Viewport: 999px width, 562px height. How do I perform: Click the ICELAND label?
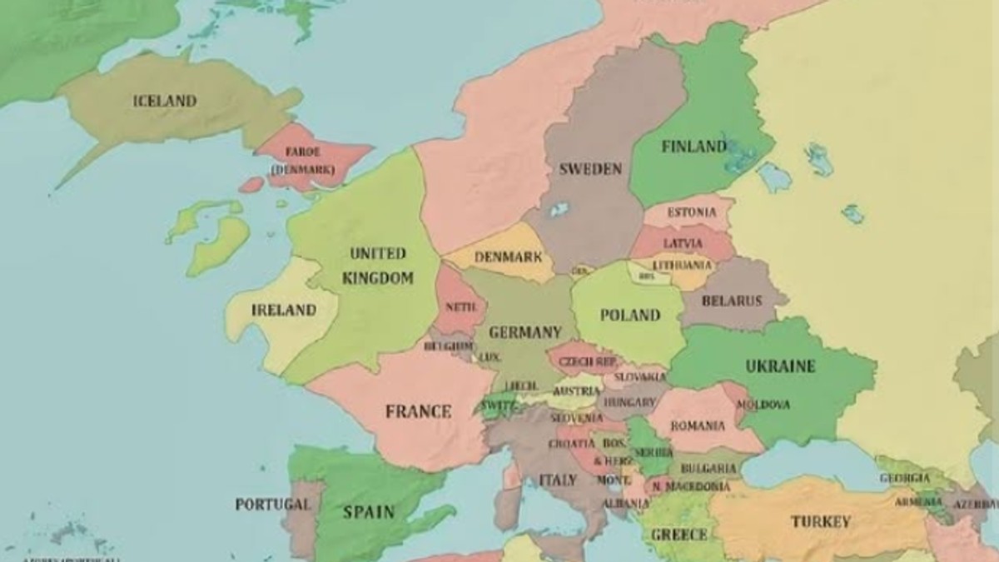pyautogui.click(x=165, y=101)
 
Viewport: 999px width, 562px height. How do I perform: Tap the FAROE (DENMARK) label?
pyautogui.click(x=302, y=161)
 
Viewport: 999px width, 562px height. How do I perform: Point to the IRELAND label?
pyautogui.click(x=284, y=310)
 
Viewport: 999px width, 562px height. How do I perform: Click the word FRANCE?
pyautogui.click(x=418, y=410)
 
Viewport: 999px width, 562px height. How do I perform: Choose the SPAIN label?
pyautogui.click(x=369, y=511)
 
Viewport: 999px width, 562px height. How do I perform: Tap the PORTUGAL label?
pyautogui.click(x=272, y=504)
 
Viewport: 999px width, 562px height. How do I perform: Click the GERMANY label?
pyautogui.click(x=525, y=332)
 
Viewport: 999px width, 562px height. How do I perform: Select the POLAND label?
pyautogui.click(x=630, y=315)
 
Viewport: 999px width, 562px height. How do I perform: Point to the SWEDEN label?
pyautogui.click(x=590, y=169)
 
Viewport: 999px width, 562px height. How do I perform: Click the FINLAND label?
pyautogui.click(x=693, y=147)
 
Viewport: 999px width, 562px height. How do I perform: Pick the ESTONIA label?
pyautogui.click(x=691, y=212)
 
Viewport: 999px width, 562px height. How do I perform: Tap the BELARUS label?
pyautogui.click(x=732, y=301)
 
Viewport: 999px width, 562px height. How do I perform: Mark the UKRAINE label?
pyautogui.click(x=780, y=366)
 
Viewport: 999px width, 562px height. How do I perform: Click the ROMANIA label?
pyautogui.click(x=698, y=425)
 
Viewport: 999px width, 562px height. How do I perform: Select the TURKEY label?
pyautogui.click(x=821, y=522)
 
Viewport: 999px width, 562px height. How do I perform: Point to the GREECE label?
pyautogui.click(x=678, y=534)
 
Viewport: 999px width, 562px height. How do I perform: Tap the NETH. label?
pyautogui.click(x=460, y=306)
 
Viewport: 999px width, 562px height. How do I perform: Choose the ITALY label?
pyautogui.click(x=558, y=480)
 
